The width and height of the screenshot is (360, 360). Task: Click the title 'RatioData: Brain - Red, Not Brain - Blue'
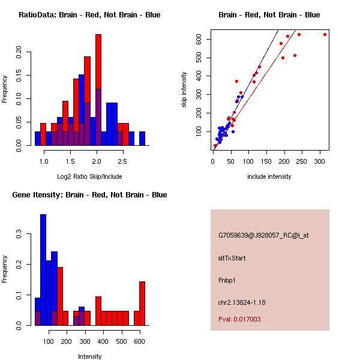(89, 15)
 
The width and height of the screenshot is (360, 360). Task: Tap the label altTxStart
(232, 258)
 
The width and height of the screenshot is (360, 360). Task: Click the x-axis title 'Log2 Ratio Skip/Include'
(89, 176)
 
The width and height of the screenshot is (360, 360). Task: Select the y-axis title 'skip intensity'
(185, 89)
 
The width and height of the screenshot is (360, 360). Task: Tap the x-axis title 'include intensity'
(269, 176)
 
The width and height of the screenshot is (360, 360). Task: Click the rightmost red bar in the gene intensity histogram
(142, 303)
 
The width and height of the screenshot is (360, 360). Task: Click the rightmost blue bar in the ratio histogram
(142, 139)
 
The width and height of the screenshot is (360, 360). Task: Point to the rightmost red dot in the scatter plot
(325, 34)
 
